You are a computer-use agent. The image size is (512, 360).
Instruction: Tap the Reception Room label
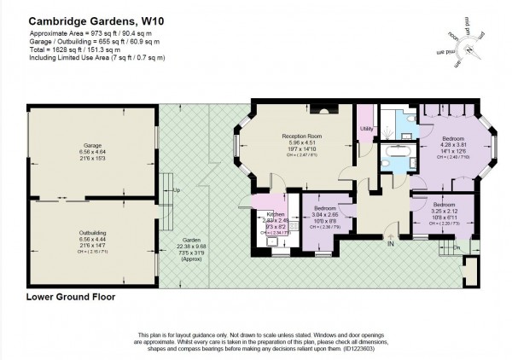[x=300, y=136]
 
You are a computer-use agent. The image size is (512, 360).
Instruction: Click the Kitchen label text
[x=275, y=214]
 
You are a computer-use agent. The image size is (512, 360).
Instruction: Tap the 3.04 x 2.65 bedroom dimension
[x=328, y=216]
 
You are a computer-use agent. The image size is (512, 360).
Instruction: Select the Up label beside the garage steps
[x=176, y=190]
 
